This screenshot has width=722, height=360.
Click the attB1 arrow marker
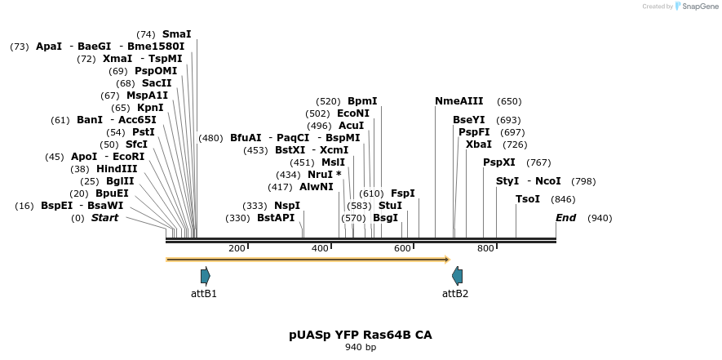point(206,276)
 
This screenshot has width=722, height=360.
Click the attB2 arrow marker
point(457,276)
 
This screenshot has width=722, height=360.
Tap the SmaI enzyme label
point(176,34)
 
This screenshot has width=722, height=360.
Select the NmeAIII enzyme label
point(458,101)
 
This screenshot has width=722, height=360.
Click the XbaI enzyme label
point(479,144)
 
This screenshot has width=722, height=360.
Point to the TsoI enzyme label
point(528,199)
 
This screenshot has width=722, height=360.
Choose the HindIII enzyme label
point(117,169)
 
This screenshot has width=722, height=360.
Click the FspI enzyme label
point(403,193)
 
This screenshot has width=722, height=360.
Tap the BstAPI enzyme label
point(276,218)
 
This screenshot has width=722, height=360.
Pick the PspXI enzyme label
point(499,162)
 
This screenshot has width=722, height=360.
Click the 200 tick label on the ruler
point(237,248)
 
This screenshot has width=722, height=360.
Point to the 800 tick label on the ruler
point(485,248)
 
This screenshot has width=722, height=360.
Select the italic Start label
point(104,218)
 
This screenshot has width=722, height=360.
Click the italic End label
point(565,218)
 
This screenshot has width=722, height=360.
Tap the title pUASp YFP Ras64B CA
point(361,335)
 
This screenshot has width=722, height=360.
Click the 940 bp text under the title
point(361,348)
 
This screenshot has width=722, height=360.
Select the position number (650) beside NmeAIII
point(509,101)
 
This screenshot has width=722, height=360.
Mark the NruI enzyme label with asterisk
point(325,175)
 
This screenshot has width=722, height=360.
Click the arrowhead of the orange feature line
point(446,260)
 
